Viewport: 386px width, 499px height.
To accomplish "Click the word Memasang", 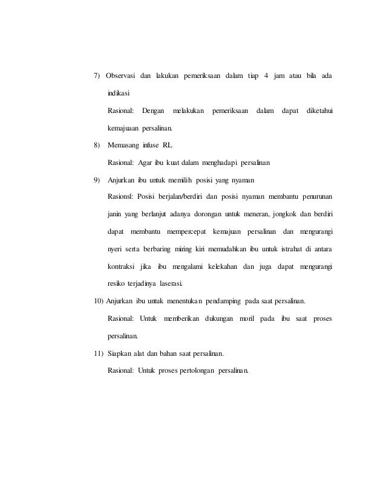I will pos(124,145).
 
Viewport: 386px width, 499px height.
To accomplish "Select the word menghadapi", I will pos(221,163).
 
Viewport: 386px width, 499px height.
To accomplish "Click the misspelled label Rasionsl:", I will pos(121,197).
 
